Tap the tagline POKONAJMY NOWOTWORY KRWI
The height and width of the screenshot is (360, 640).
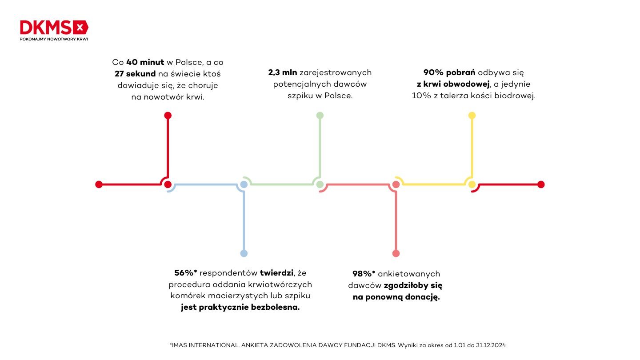click(54, 39)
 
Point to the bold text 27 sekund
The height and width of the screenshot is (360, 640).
click(135, 74)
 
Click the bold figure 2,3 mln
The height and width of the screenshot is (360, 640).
click(282, 72)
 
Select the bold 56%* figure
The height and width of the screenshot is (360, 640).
click(186, 273)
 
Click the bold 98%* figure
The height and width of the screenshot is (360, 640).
click(364, 274)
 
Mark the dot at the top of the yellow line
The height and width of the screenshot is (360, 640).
click(472, 116)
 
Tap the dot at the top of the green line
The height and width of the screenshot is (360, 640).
click(320, 116)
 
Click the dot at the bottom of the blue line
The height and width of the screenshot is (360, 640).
click(244, 253)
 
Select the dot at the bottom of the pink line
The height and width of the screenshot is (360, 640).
click(396, 253)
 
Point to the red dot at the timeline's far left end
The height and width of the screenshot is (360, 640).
click(99, 184)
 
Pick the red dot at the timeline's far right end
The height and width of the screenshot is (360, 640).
click(540, 184)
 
